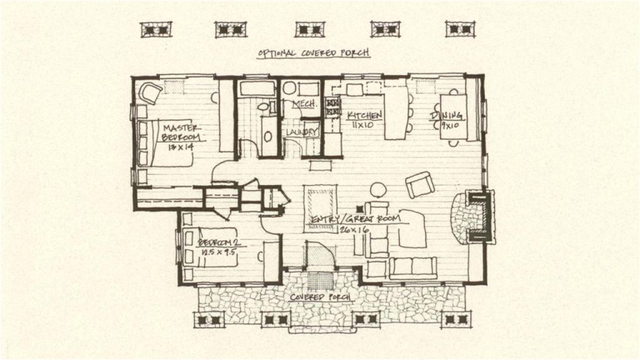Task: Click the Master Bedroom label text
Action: point(181,132)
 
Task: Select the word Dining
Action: point(446,116)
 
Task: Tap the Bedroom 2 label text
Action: point(219,242)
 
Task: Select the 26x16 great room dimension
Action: point(354,230)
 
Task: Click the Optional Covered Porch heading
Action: point(314,54)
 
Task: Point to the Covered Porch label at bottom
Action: point(319,296)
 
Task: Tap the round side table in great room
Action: point(378,189)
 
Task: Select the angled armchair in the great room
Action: point(419,185)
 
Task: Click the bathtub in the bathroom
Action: point(257,88)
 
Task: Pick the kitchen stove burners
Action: point(332,107)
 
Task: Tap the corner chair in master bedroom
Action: point(151,93)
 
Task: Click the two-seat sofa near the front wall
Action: point(413,267)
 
